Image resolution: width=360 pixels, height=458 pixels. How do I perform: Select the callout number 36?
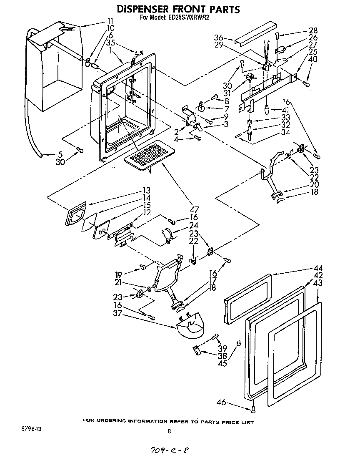[x=218, y=36]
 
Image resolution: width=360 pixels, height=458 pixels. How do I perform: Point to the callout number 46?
[x=221, y=402]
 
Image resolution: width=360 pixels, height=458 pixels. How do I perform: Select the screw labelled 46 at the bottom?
[x=253, y=409]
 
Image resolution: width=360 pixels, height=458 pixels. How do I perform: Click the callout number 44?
[x=318, y=268]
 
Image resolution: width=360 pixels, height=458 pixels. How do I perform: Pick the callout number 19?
[x=119, y=275]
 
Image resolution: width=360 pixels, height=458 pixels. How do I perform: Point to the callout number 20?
[x=315, y=184]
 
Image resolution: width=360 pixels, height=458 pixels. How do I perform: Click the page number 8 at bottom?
[x=169, y=432]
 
